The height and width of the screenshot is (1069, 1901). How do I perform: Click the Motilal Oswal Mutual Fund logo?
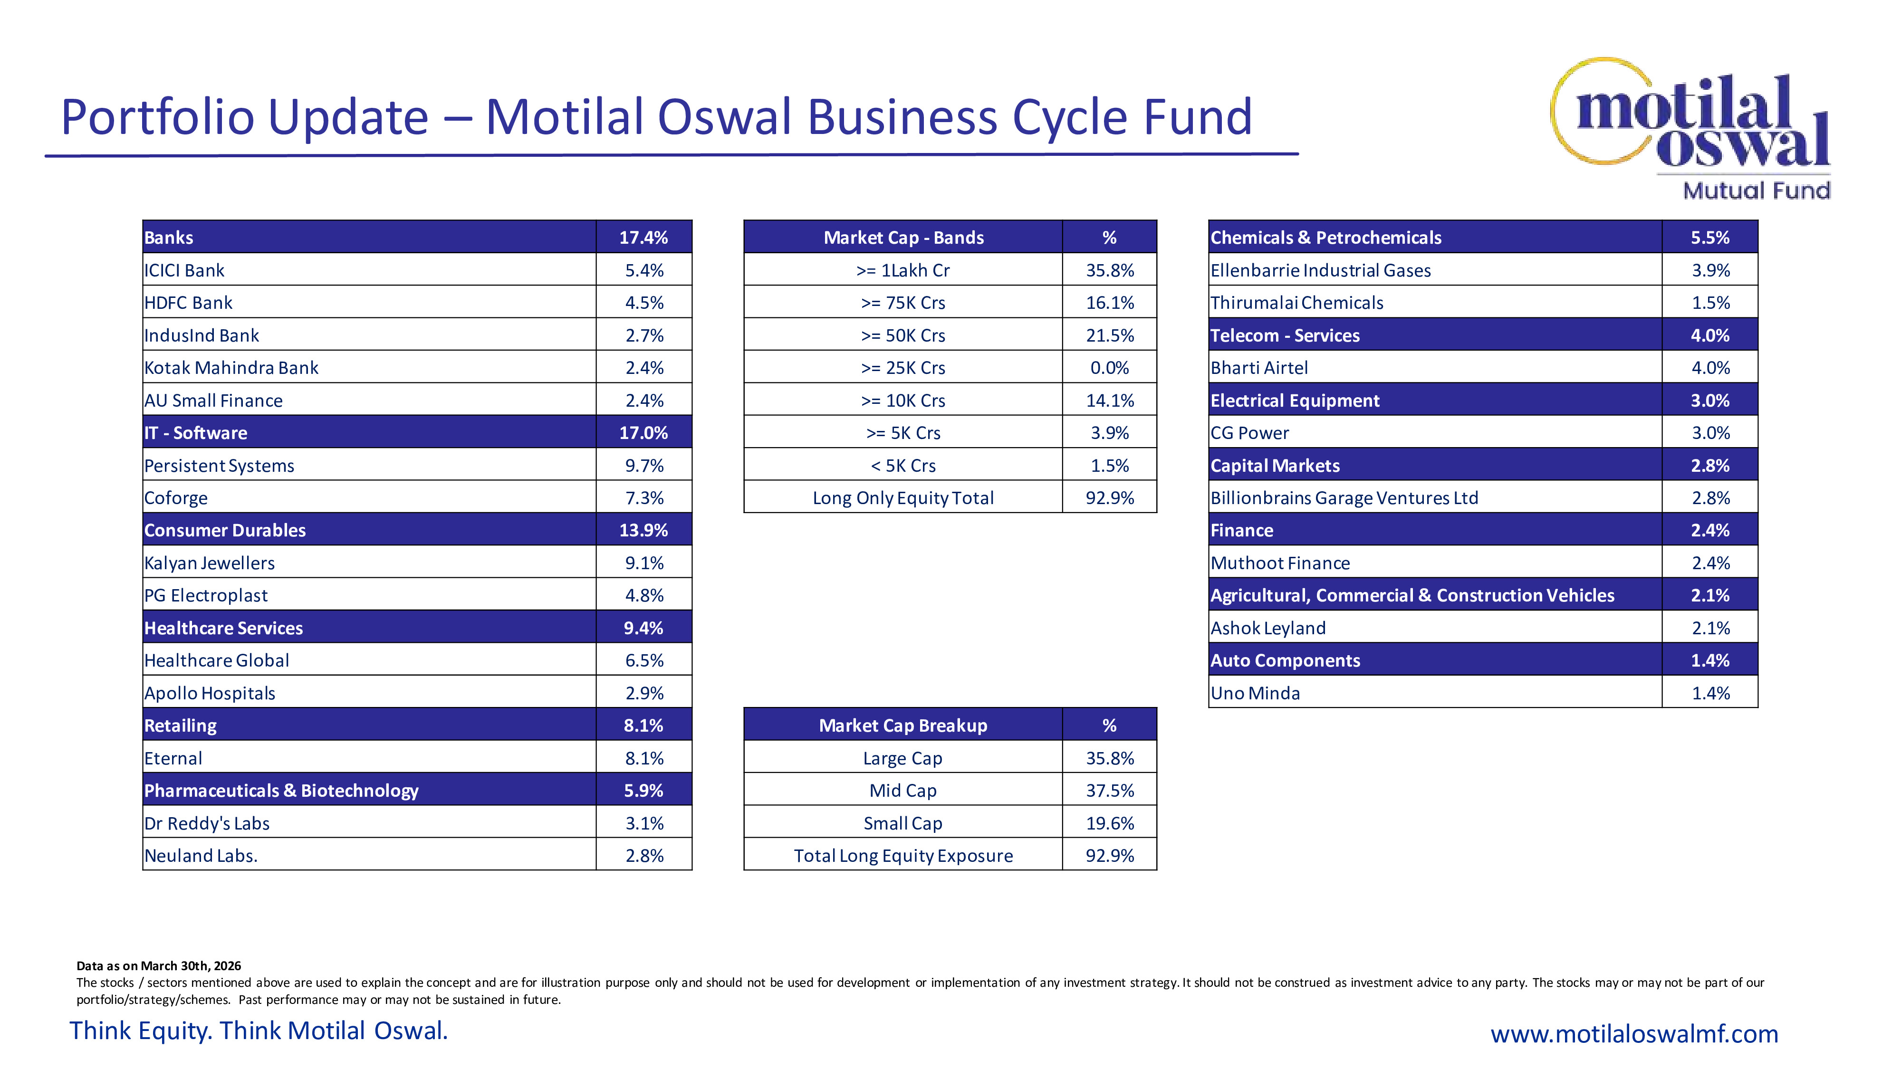(1690, 129)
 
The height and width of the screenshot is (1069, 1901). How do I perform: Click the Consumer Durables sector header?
(225, 530)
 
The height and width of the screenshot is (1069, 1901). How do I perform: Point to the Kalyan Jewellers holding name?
(210, 563)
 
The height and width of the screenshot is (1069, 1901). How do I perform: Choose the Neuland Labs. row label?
(201, 856)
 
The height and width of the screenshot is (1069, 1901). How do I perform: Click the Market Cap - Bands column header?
(903, 238)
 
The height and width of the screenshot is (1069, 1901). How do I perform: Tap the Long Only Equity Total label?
(903, 498)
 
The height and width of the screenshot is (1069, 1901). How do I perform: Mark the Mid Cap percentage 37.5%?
(1109, 791)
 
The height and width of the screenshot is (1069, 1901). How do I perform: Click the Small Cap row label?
(903, 823)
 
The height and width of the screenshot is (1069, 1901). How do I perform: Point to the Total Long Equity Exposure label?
(903, 856)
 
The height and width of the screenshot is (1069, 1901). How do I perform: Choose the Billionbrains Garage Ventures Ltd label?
(1344, 498)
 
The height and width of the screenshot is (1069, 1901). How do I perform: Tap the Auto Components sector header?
(1285, 660)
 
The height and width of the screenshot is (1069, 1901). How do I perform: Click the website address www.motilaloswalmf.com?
(1634, 1033)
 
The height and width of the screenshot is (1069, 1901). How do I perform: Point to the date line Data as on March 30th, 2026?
(159, 966)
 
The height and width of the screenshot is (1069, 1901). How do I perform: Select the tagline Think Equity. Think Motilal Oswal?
(258, 1031)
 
